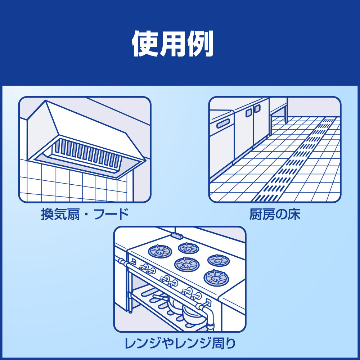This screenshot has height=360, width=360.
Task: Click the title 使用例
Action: [173, 44]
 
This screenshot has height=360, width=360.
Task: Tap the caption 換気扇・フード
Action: [85, 215]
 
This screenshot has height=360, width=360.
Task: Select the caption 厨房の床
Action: [275, 215]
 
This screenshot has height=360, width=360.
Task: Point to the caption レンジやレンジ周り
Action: [180, 343]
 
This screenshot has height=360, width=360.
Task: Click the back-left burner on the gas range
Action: [160, 251]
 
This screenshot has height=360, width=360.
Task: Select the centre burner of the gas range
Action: [187, 264]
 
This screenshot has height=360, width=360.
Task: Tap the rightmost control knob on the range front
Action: [197, 296]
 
